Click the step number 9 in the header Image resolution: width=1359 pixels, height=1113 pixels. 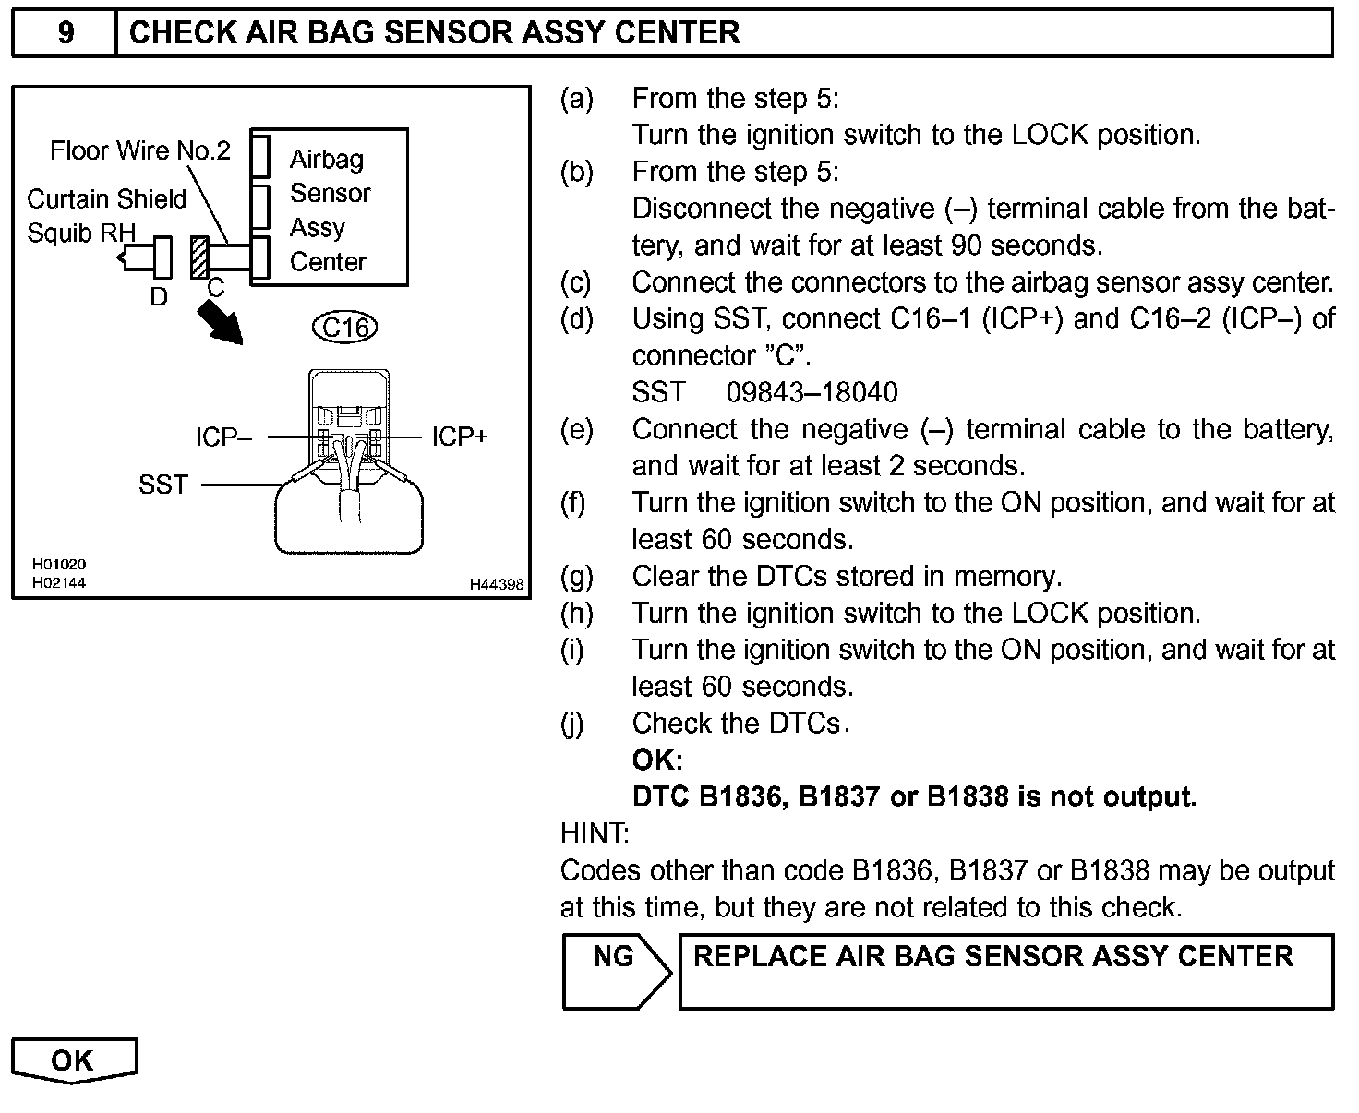66,33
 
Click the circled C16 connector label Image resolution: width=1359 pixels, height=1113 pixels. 346,327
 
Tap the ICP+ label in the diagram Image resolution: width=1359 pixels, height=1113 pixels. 459,437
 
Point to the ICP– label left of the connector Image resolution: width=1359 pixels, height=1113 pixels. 223,437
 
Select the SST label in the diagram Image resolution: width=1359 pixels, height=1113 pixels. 163,484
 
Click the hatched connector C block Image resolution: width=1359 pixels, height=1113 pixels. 198,257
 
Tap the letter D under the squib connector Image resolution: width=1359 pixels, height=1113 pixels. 159,296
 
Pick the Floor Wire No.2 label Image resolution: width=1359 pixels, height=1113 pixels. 140,150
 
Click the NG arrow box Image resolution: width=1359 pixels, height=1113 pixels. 615,971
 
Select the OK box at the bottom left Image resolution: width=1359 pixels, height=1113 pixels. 74,1060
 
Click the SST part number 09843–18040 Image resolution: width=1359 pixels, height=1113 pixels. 812,392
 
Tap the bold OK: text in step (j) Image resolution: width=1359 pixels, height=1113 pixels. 657,760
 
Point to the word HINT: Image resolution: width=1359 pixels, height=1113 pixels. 595,833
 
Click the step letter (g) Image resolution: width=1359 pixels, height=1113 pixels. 577,577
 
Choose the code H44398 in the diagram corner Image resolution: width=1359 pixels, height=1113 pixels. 497,584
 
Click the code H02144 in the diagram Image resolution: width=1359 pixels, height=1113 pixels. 59,582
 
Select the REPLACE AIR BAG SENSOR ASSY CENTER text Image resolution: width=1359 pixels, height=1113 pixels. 992,957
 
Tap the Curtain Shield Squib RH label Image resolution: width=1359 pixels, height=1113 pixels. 106,215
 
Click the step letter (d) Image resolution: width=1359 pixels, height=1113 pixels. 577,319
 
